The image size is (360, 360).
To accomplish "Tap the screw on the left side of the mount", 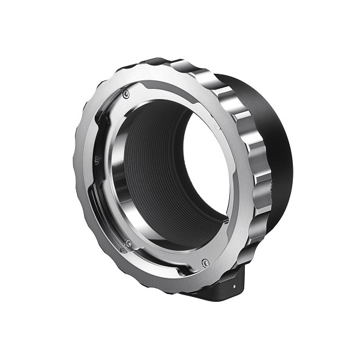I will point(96,159).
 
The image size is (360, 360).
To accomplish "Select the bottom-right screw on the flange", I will point(205,262).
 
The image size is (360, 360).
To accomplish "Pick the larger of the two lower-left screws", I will point(128,242).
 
